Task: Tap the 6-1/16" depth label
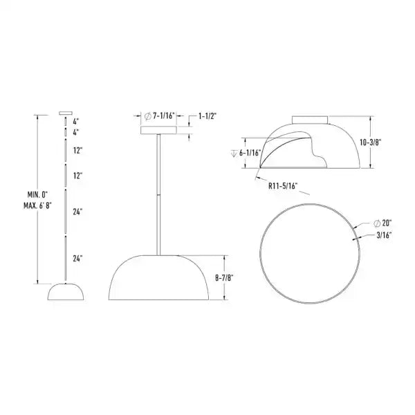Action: point(248,154)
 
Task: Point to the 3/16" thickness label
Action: point(384,235)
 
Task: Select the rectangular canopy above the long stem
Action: point(159,129)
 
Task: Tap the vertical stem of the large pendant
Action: point(159,194)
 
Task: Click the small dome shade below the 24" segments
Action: point(66,292)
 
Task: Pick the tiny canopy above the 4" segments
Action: point(66,111)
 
